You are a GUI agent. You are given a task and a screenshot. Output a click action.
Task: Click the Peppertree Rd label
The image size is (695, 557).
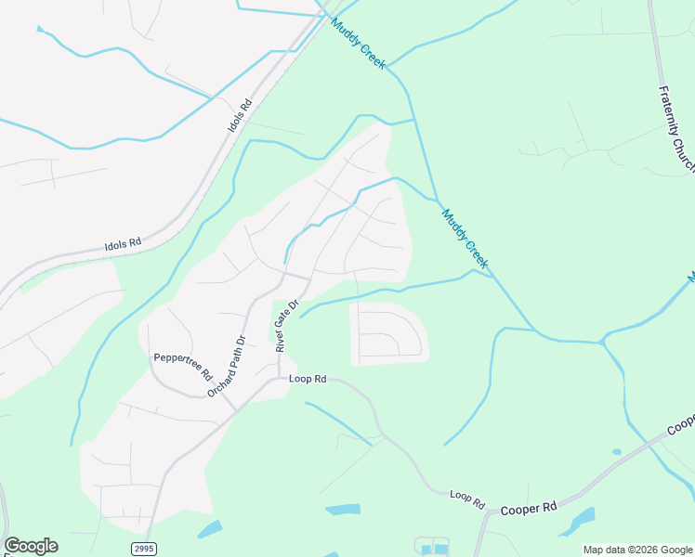tap(177, 357)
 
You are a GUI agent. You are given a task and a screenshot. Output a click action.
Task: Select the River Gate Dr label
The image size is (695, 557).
tap(286, 325)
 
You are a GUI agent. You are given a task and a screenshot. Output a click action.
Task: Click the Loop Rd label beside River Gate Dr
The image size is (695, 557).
tap(308, 379)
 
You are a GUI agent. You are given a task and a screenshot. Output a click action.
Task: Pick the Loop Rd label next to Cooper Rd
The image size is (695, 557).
tap(467, 499)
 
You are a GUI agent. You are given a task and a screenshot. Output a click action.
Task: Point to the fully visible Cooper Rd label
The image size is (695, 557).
tap(529, 508)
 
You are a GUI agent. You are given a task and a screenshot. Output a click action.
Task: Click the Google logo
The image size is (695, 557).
tap(31, 546)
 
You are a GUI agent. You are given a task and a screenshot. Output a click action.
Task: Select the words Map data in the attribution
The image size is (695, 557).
tap(606, 550)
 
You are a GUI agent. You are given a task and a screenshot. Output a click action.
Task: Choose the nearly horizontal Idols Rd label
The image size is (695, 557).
tap(122, 244)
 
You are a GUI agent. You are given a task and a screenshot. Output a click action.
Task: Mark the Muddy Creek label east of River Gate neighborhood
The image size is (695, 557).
tap(464, 238)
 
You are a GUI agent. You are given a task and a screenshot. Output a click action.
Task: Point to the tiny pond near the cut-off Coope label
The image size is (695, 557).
tap(617, 452)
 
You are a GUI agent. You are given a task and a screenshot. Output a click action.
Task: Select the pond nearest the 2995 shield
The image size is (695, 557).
tap(210, 530)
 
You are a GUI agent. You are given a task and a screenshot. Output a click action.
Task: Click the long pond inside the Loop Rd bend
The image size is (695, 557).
tap(343, 510)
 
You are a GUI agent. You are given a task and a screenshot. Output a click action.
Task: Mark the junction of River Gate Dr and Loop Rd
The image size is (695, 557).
tap(279, 379)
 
